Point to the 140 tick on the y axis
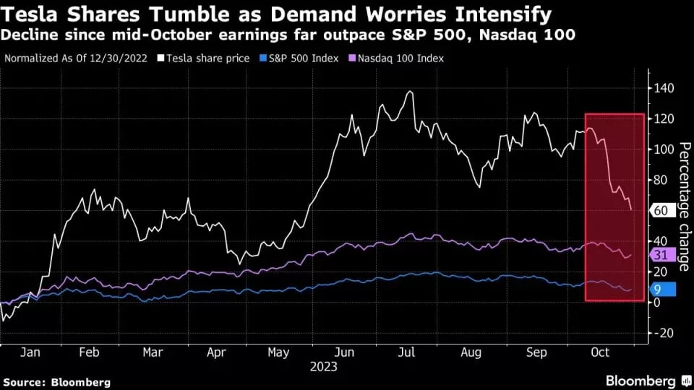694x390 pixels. point(664,88)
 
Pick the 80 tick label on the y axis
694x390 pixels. point(664,180)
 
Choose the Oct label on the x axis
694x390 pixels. point(599,352)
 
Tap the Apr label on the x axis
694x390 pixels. point(216,352)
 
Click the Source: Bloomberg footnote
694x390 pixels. point(56,381)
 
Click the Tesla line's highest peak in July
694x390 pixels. point(411,91)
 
